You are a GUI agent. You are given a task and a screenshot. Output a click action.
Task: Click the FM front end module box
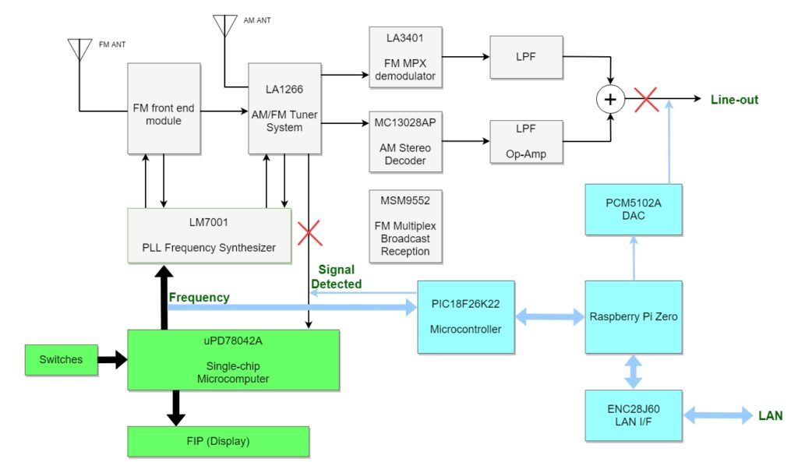click(x=164, y=108)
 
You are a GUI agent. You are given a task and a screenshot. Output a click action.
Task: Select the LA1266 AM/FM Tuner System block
click(x=284, y=108)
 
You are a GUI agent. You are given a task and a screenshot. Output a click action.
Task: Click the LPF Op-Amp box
click(x=526, y=141)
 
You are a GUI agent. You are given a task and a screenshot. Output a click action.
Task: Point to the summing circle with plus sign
click(x=610, y=100)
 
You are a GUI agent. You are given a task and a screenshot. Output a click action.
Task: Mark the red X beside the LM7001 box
click(x=310, y=234)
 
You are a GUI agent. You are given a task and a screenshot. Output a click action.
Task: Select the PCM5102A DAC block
click(x=633, y=208)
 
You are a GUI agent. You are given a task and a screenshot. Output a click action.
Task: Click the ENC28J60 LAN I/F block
click(x=633, y=414)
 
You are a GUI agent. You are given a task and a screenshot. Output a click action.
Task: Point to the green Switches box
click(x=62, y=359)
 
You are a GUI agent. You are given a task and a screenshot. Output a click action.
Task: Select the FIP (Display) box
click(x=218, y=441)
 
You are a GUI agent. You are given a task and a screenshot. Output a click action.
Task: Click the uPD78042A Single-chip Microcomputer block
click(x=233, y=359)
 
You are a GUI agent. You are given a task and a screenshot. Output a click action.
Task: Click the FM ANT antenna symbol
click(x=79, y=51)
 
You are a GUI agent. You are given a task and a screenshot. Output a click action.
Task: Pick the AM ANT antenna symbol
click(x=225, y=25)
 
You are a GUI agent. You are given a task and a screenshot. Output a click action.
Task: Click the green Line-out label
click(x=734, y=100)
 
